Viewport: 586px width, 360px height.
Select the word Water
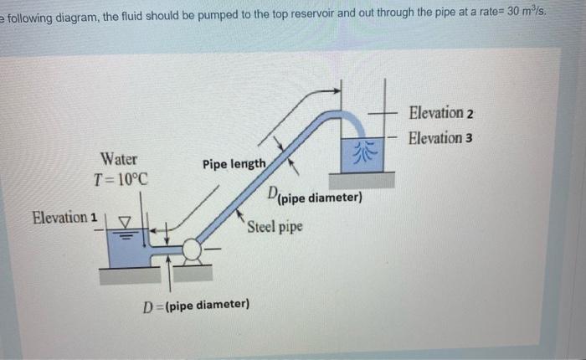120,158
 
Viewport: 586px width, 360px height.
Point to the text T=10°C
121,179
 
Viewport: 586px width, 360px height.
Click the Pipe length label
234,163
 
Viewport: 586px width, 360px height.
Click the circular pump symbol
191,249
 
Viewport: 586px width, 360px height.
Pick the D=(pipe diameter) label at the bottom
198,305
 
